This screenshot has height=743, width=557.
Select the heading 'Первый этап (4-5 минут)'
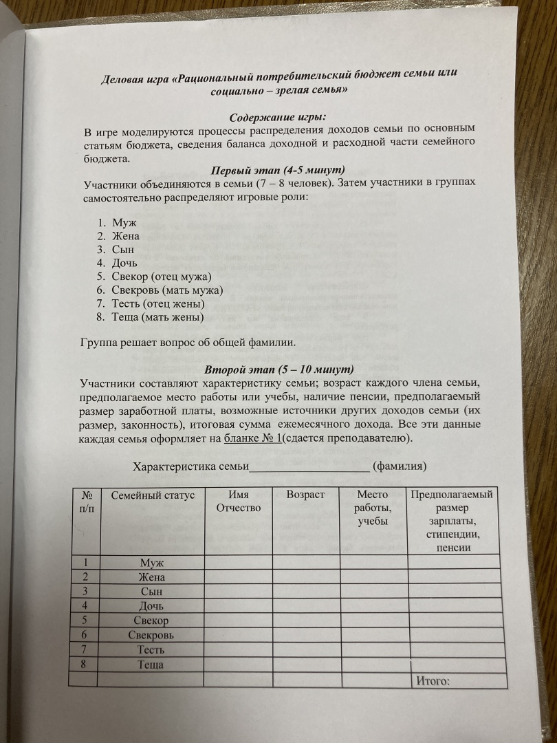click(277, 170)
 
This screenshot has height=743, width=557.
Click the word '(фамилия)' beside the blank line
click(400, 466)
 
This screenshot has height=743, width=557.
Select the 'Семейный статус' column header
click(153, 495)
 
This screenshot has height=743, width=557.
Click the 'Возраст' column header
click(305, 494)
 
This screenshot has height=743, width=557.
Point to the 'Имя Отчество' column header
click(238, 501)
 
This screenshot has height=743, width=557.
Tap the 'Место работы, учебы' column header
click(373, 508)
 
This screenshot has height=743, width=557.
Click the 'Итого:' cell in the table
click(433, 681)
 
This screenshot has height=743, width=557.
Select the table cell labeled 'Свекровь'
click(151, 635)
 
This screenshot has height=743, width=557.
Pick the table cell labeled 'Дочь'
click(151, 606)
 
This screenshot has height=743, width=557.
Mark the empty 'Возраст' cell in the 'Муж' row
click(306, 562)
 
